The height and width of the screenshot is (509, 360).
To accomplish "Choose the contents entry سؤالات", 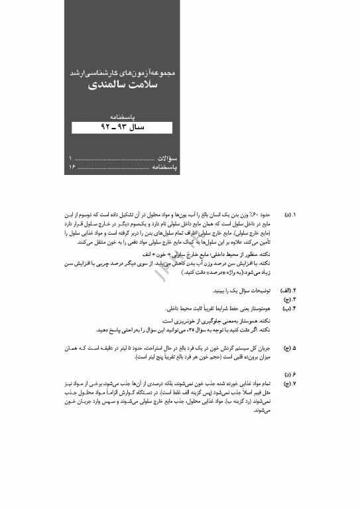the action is [164, 159].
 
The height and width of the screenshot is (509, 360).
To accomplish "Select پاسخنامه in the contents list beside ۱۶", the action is [162, 168].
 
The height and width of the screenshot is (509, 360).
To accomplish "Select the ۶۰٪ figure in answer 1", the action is [261, 216].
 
